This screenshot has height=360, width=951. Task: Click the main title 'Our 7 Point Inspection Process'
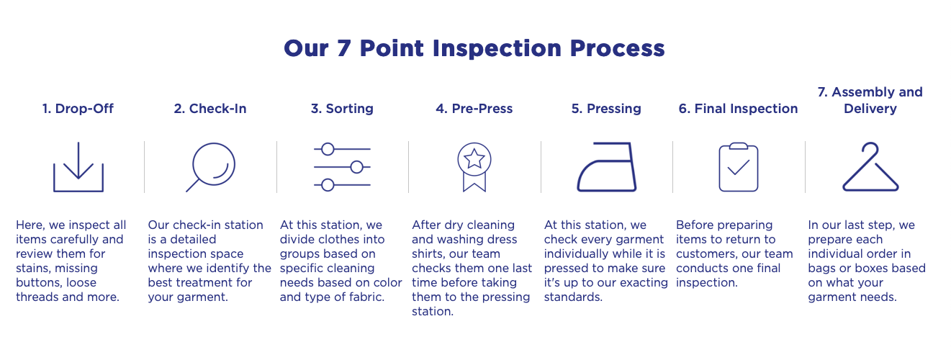click(x=474, y=48)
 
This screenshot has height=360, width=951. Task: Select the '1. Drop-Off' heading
click(x=78, y=109)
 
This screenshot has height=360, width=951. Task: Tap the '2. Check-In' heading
click(x=210, y=109)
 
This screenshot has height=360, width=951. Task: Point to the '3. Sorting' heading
click(x=342, y=109)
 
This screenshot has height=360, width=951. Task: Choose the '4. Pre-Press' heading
click(x=474, y=109)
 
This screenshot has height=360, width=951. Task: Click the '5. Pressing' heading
click(x=606, y=109)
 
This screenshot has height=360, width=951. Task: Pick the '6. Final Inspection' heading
click(x=739, y=109)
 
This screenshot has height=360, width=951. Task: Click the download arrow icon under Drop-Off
click(x=78, y=167)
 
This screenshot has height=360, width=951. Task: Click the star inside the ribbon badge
click(x=474, y=159)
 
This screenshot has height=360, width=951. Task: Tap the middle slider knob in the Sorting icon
click(x=357, y=167)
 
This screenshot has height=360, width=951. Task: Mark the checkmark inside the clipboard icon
click(x=739, y=167)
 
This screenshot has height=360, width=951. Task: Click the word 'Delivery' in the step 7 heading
click(x=870, y=109)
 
